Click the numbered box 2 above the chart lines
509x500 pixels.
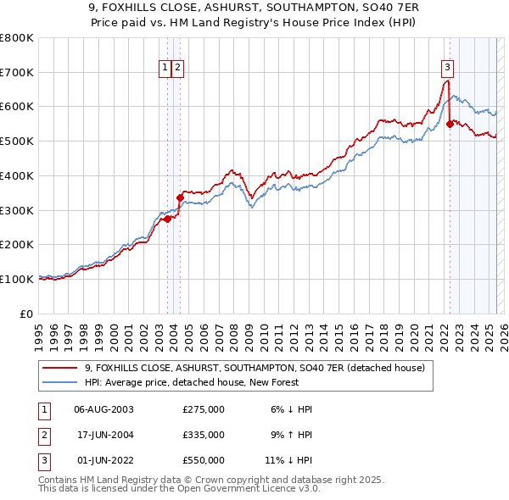tap(179, 69)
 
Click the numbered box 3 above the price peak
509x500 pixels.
tap(447, 69)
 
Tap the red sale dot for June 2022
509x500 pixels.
tap(450, 124)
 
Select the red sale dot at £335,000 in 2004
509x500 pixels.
tap(181, 197)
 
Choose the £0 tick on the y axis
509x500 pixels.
tap(27, 314)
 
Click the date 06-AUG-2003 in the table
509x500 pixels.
tap(103, 409)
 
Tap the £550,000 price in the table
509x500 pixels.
tap(204, 460)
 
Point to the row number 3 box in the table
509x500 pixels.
tap(42, 460)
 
